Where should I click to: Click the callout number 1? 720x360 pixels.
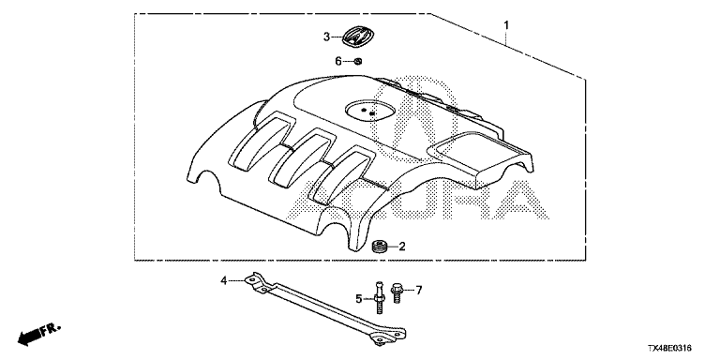(x=506, y=25)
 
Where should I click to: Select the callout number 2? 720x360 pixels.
(x=402, y=247)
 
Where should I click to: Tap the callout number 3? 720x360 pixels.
(x=326, y=37)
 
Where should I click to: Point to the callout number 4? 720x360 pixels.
(x=224, y=280)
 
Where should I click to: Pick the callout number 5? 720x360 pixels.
(x=359, y=299)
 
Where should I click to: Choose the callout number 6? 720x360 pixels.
(x=338, y=61)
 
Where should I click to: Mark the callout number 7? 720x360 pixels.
(x=418, y=290)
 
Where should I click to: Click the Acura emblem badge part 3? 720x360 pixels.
(x=359, y=36)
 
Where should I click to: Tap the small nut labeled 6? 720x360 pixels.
(x=358, y=61)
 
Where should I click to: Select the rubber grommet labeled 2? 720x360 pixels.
(x=378, y=247)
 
